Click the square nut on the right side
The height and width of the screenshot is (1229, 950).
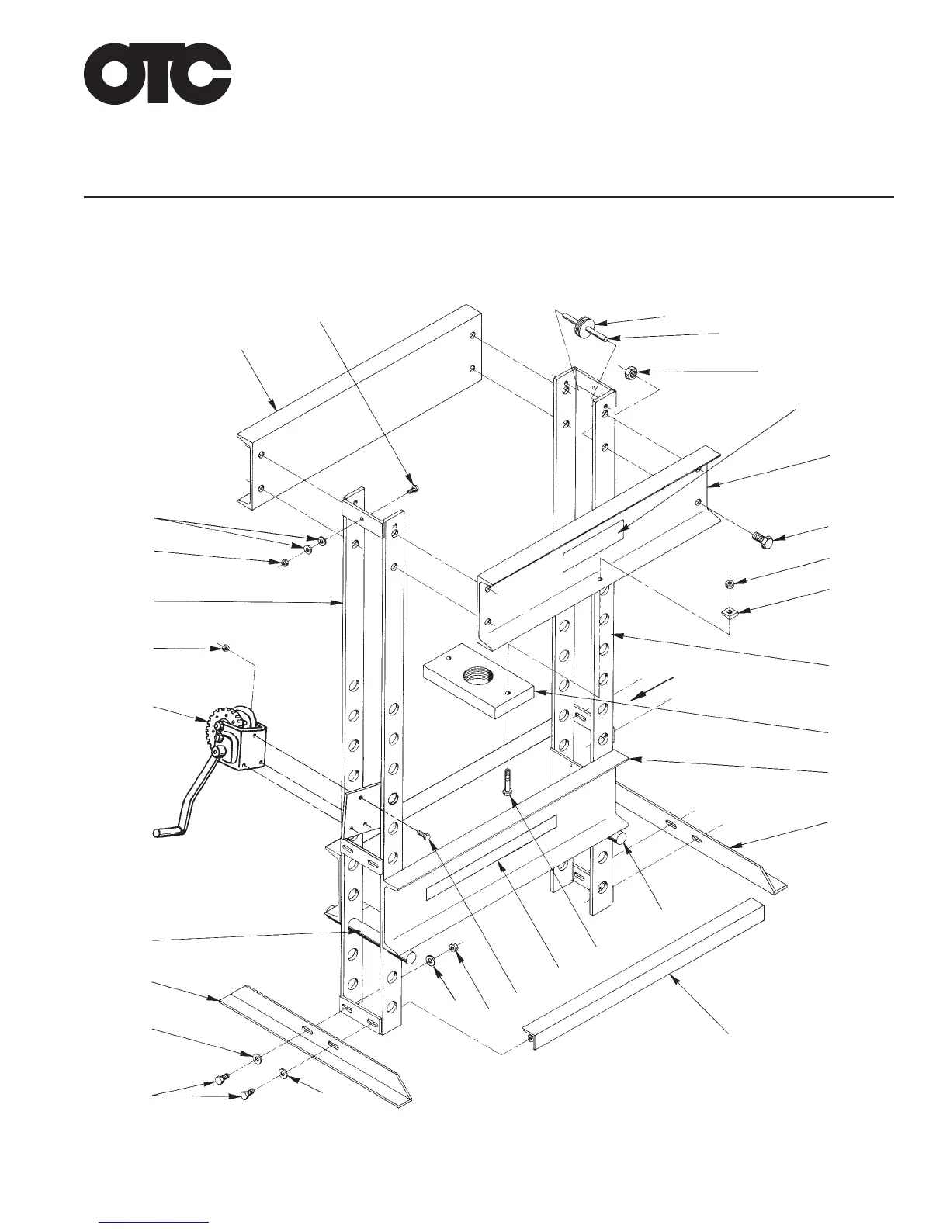[x=730, y=612]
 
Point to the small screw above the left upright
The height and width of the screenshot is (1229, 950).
[x=414, y=489]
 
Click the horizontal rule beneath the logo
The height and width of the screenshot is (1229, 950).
[x=489, y=197]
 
